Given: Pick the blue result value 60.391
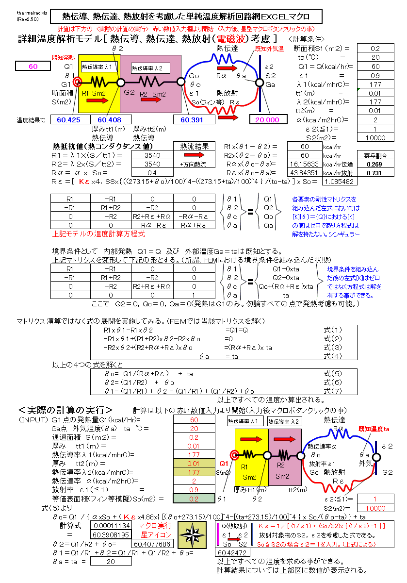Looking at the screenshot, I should (x=194, y=119).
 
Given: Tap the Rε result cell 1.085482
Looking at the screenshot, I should (x=340, y=182).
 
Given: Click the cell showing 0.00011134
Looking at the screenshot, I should (x=111, y=526).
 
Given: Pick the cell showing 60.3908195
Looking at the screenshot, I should (x=111, y=534).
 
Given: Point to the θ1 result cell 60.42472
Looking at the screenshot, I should (x=231, y=553).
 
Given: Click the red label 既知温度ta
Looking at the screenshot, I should (x=374, y=429).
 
